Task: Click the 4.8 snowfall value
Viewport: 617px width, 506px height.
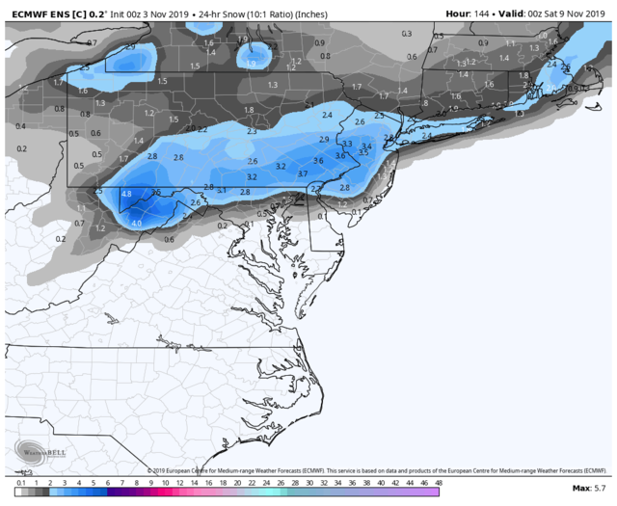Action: [126, 194]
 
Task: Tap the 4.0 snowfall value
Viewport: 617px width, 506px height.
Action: [136, 223]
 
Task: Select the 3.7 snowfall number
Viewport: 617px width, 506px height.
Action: [303, 173]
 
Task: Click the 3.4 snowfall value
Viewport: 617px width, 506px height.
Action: [366, 146]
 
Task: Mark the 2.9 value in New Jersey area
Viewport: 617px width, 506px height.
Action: [324, 139]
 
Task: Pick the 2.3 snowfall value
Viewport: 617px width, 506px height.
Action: [252, 131]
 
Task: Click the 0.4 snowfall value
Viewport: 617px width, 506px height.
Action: [21, 126]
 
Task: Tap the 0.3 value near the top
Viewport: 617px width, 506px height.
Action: [407, 34]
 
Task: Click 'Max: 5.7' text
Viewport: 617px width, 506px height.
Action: [589, 489]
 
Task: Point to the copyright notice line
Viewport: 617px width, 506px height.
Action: [366, 470]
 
